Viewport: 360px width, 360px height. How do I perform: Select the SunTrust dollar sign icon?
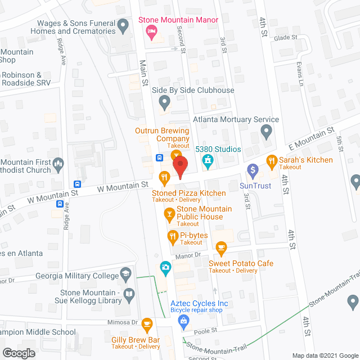pyautogui.click(x=253, y=169)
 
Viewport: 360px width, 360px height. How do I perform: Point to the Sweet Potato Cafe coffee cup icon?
pyautogui.click(x=221, y=247)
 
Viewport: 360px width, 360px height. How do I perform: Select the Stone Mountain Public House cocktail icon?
pyautogui.click(x=169, y=213)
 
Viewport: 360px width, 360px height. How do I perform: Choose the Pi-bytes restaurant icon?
pyautogui.click(x=173, y=236)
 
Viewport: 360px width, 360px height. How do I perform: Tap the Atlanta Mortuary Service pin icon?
pyautogui.click(x=267, y=132)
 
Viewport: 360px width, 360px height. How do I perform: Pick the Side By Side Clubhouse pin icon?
pyautogui.click(x=164, y=102)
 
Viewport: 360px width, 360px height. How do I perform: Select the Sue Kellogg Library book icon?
pyautogui.click(x=129, y=294)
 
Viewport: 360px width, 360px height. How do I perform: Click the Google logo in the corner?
pyautogui.click(x=18, y=353)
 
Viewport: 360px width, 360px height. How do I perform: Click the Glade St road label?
pyautogui.click(x=286, y=37)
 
